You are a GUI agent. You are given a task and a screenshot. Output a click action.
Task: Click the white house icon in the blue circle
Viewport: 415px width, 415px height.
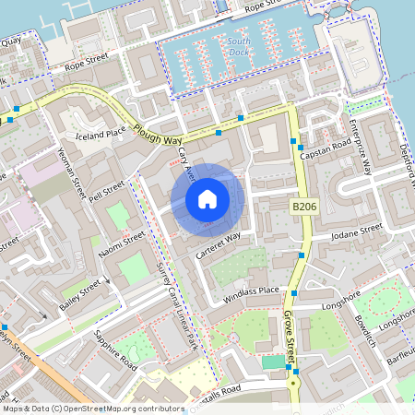(x=207, y=199)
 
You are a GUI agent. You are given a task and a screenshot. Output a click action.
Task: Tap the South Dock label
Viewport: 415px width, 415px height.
(x=239, y=47)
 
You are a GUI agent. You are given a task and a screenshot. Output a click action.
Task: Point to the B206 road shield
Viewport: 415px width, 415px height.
(x=304, y=207)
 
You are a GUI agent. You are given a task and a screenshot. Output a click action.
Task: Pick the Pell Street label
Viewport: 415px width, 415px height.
(x=106, y=194)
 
